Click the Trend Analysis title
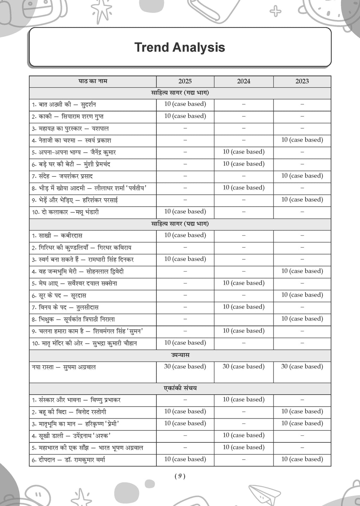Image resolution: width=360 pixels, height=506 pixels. point(180,47)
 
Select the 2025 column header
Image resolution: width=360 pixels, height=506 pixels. point(185,81)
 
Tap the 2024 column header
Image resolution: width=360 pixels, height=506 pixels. point(244,81)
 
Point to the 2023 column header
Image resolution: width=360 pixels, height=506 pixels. point(302,81)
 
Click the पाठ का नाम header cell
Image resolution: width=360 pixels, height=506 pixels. point(93,81)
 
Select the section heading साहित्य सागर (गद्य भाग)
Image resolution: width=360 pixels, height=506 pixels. point(180,93)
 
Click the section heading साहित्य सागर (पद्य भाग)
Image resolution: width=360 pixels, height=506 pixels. point(180,224)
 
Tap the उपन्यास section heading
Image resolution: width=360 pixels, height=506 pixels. point(180,355)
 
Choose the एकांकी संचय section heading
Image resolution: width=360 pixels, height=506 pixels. point(180,388)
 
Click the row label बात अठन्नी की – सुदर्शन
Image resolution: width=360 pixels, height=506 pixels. point(64,105)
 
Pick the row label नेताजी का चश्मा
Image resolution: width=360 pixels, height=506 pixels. point(71,141)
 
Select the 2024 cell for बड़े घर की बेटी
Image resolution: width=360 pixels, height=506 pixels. point(244,164)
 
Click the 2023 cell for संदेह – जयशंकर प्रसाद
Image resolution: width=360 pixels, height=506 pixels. point(302,176)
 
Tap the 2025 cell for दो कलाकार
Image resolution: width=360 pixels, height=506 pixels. point(185,212)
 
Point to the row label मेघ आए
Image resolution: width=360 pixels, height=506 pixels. point(75,284)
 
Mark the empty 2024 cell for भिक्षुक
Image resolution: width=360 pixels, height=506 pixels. point(244,319)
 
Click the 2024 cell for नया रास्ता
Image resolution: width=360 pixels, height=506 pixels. point(244,366)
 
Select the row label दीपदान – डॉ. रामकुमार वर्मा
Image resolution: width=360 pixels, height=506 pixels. point(69,460)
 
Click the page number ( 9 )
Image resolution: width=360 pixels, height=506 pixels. point(180,476)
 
